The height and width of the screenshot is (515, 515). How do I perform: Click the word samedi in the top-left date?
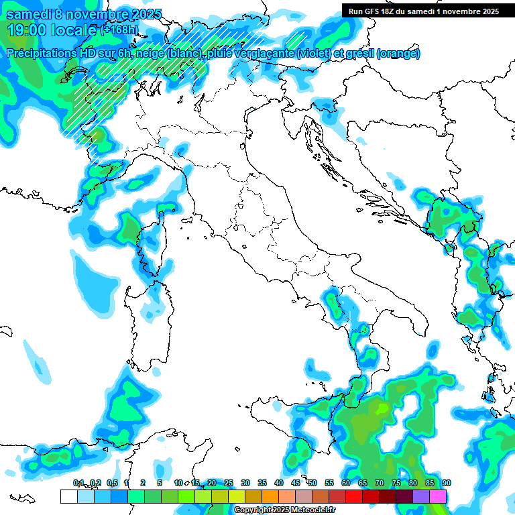29,14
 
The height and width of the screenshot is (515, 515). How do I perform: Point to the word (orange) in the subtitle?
398,54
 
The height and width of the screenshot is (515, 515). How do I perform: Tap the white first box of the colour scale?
68,496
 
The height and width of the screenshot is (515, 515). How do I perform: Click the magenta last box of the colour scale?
438,496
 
